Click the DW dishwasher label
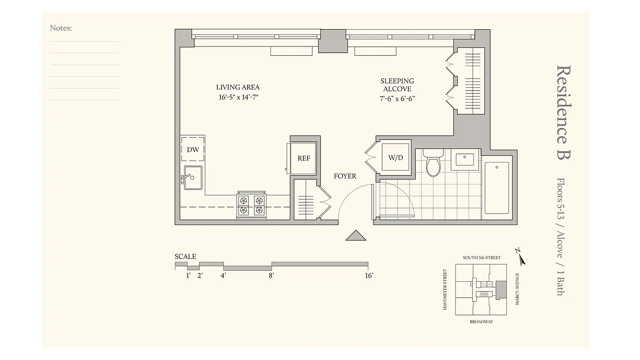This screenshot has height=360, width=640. [193, 149]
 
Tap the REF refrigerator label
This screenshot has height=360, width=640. [303, 158]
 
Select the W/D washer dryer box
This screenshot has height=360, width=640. [396, 158]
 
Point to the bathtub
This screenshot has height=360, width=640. [497, 188]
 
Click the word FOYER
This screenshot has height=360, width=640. [345, 176]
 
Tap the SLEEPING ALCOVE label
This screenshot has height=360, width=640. [397, 85]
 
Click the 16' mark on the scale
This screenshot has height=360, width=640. [369, 275]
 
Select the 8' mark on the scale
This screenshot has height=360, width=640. [271, 275]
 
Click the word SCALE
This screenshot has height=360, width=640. [185, 256]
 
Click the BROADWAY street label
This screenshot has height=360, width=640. [481, 322]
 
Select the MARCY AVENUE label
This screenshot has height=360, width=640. [518, 289]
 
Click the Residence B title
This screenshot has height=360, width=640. [563, 112]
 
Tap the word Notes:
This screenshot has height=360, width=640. [61, 28]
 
